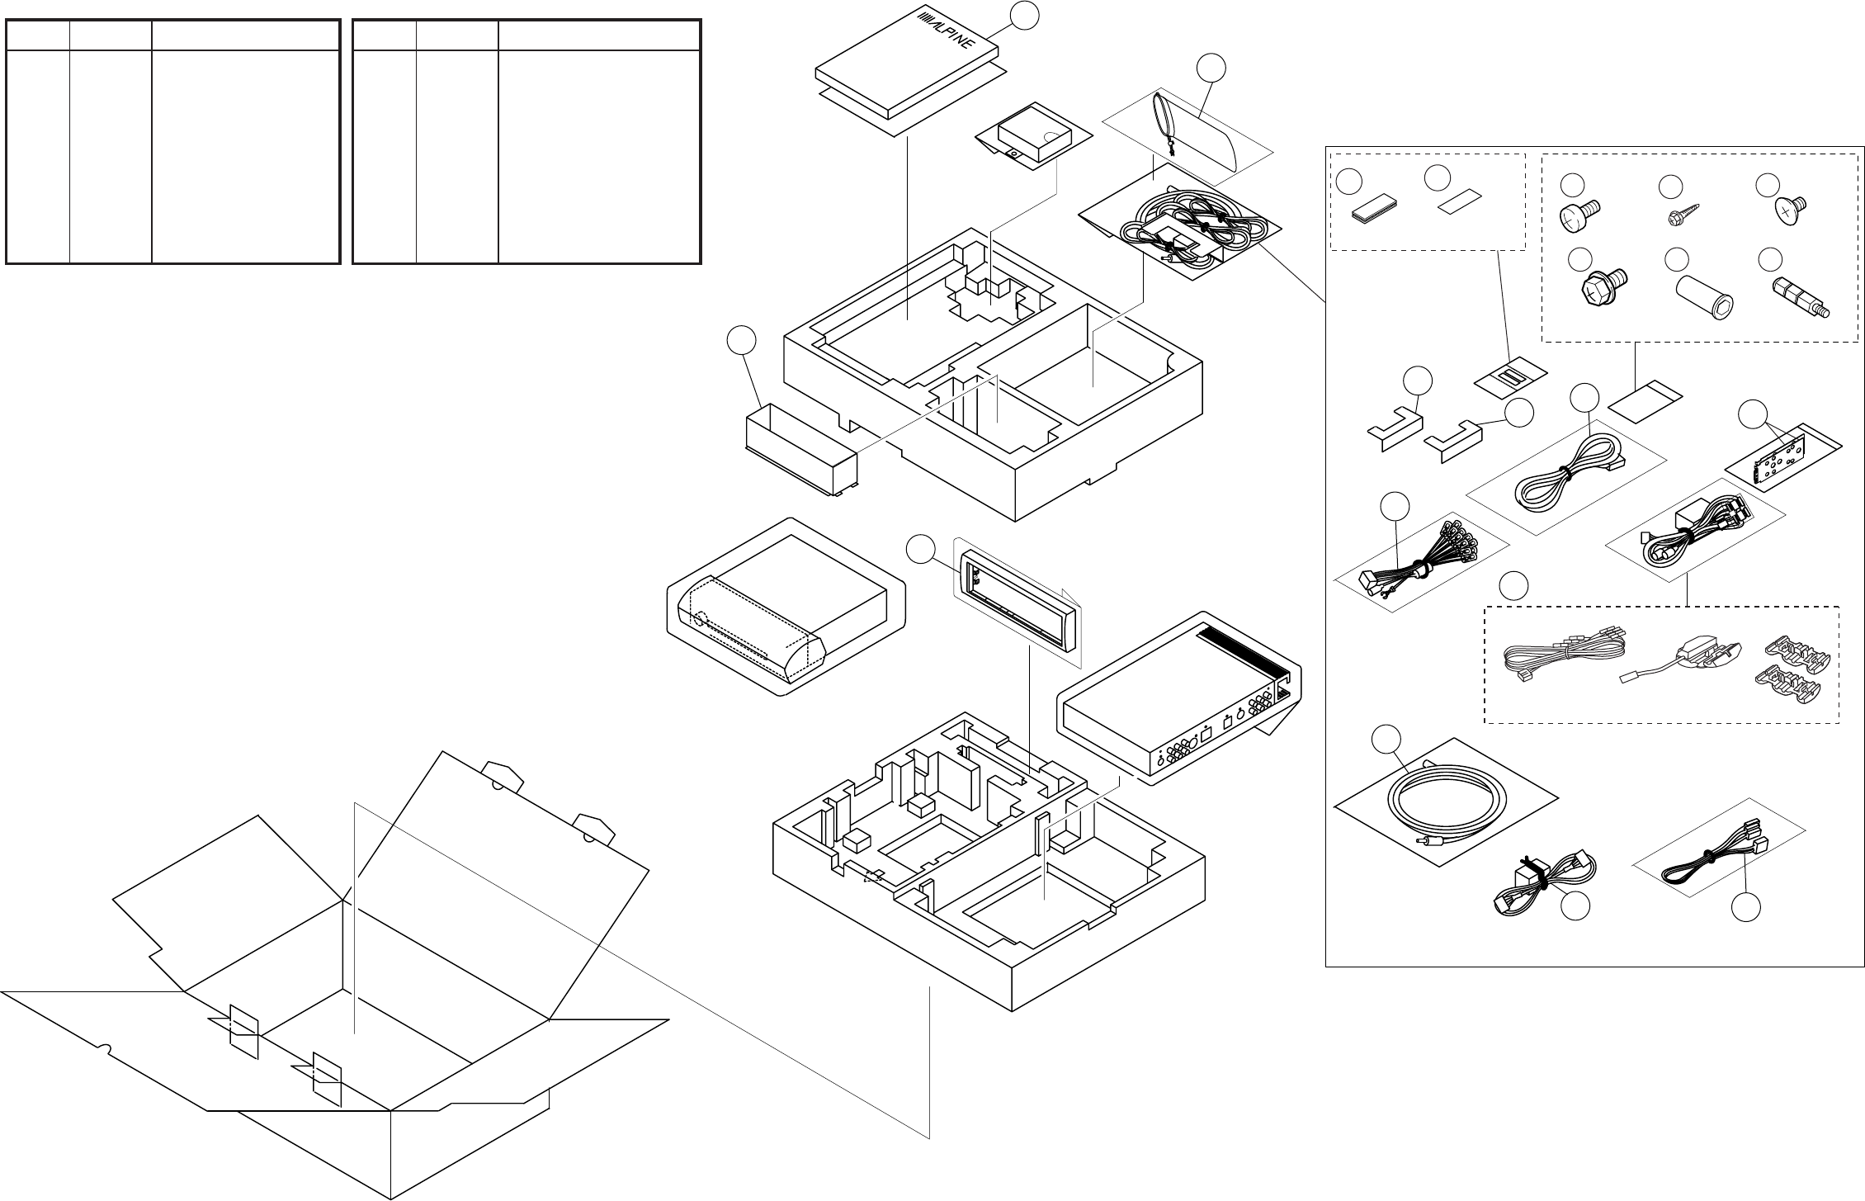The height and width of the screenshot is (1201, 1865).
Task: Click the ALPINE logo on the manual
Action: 947,32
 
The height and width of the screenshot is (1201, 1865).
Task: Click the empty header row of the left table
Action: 173,35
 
